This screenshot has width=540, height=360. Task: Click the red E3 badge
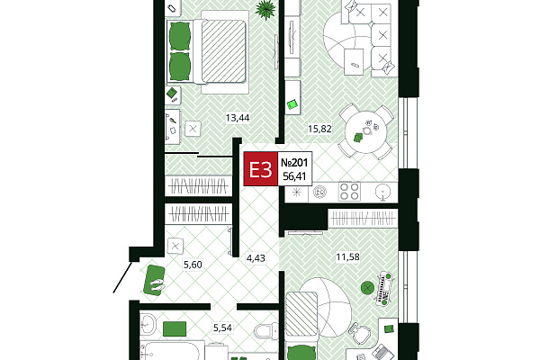tap(261, 169)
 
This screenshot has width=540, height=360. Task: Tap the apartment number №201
tap(294, 162)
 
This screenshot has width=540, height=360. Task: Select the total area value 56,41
tap(294, 176)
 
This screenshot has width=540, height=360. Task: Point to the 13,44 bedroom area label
tap(238, 118)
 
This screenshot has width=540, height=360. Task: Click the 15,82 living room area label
tap(319, 129)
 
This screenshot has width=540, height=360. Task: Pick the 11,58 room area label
tap(347, 256)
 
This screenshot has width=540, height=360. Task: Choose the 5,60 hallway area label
tap(193, 265)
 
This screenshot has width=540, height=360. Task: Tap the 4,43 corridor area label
tap(256, 257)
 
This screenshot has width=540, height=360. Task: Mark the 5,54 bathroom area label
tap(222, 328)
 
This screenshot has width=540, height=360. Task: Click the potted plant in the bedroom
tap(265, 10)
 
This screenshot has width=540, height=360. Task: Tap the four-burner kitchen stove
tap(349, 192)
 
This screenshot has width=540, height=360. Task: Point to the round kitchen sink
tap(382, 192)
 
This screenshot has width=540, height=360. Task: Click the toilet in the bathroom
tap(265, 331)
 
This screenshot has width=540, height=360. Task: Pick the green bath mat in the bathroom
tap(175, 328)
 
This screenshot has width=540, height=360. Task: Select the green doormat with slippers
tap(154, 280)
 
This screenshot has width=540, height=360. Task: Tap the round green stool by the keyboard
tap(368, 287)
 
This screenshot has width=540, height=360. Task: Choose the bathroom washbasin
tap(148, 324)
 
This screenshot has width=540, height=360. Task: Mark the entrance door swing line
tap(122, 278)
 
